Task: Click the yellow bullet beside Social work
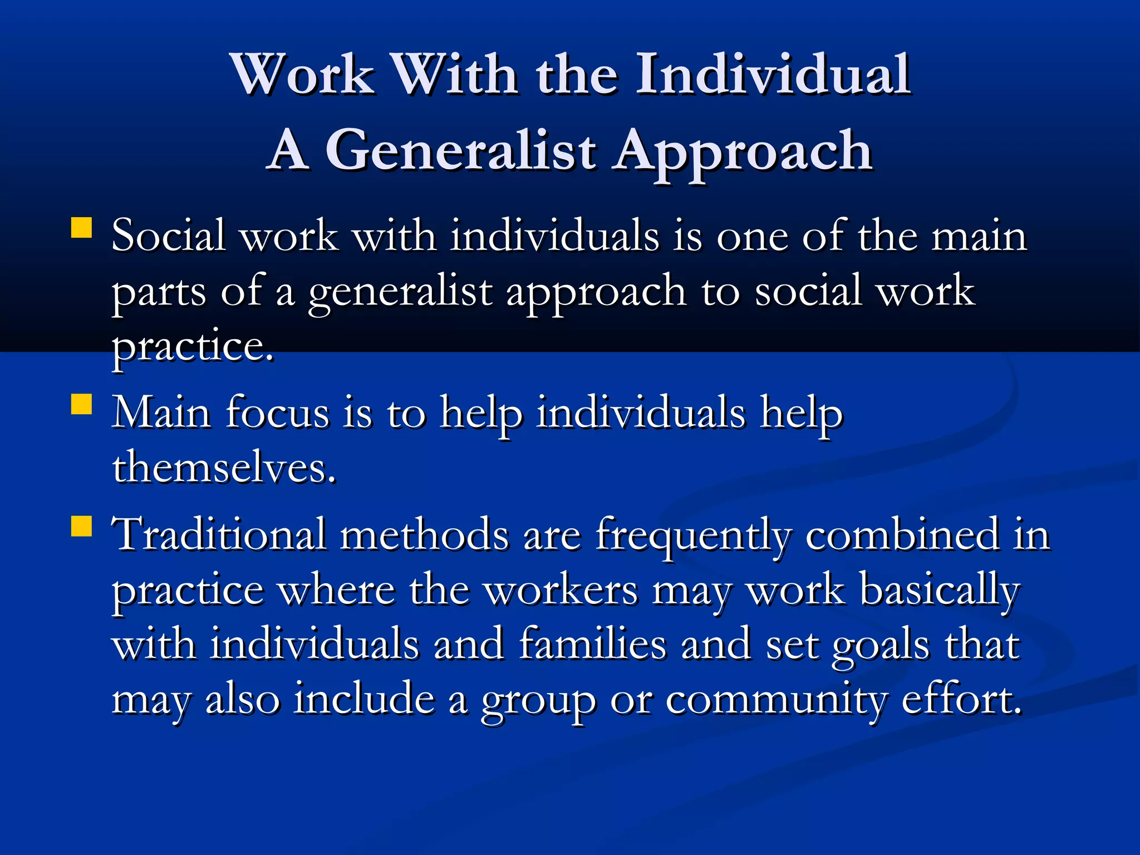click(82, 228)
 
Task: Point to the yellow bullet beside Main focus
click(82, 405)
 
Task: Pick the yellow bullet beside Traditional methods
click(82, 526)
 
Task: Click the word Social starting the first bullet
click(168, 235)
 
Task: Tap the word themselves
click(224, 468)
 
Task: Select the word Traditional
click(218, 534)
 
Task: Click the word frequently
click(692, 535)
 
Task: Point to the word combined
click(902, 534)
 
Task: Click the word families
click(592, 644)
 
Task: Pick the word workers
click(560, 590)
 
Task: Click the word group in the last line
click(538, 701)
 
